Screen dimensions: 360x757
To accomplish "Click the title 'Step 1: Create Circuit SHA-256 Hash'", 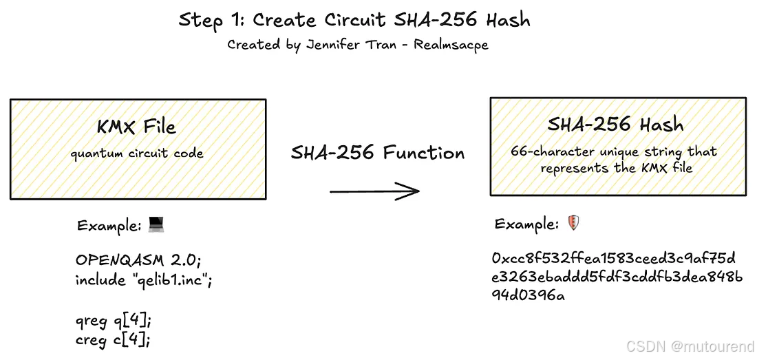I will click(354, 19).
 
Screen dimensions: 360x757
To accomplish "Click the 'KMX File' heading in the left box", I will click(136, 127).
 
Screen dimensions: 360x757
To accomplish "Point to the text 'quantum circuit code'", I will click(136, 153).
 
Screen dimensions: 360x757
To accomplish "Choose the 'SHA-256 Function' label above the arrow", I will click(378, 153).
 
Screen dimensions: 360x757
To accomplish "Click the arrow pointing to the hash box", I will click(374, 191).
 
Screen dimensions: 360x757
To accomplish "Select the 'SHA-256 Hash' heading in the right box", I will click(615, 125).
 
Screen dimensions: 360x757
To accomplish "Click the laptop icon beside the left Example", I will click(158, 225).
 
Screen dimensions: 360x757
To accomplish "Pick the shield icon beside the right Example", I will click(573, 223).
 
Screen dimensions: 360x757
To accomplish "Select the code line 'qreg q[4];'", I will click(113, 320).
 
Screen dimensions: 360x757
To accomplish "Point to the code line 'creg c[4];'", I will click(113, 339).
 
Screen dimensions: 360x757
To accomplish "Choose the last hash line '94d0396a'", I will click(529, 296).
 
